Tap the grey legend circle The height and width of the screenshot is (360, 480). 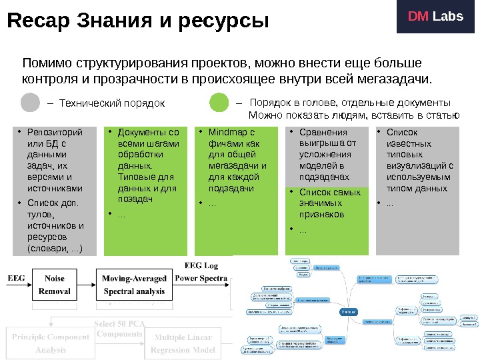click(31, 103)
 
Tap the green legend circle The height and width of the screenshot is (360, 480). click(219, 103)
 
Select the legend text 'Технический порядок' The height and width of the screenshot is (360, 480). click(111, 104)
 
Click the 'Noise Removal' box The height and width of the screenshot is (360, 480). click(55, 284)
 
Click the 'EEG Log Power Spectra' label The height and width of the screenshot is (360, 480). click(205, 271)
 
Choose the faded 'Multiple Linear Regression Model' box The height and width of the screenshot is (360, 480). click(182, 343)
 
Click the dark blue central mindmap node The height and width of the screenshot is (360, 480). click(348, 311)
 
